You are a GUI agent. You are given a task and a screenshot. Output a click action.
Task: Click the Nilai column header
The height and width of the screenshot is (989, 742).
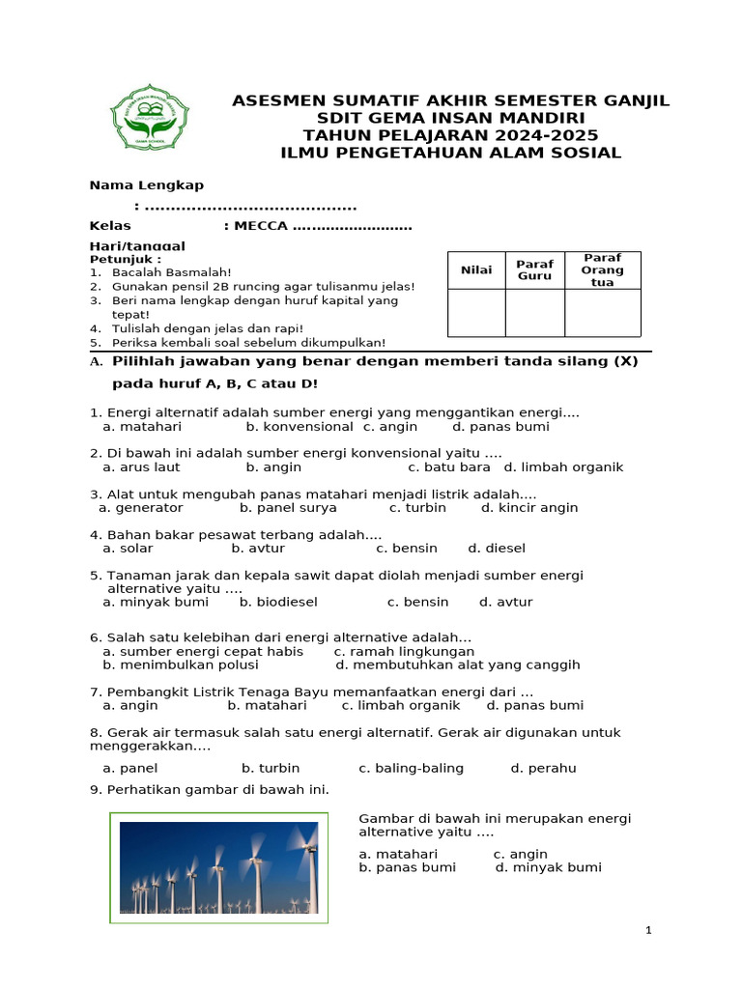click(476, 270)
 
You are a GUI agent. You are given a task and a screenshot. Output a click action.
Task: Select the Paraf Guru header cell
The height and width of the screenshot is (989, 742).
click(534, 270)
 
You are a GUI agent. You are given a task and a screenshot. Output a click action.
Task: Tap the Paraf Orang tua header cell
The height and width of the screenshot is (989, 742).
click(602, 270)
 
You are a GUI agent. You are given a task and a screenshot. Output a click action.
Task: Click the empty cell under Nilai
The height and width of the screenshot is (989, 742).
click(476, 313)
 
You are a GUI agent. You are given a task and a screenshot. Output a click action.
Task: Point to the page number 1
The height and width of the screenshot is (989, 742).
click(649, 930)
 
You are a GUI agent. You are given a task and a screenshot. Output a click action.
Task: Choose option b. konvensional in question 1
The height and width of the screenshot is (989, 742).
click(300, 426)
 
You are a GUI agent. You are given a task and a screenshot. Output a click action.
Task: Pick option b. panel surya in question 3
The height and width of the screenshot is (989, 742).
click(288, 507)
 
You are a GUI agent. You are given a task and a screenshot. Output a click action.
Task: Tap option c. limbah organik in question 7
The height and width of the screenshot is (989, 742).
click(409, 705)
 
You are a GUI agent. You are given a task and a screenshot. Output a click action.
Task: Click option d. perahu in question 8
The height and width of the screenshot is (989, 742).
click(543, 768)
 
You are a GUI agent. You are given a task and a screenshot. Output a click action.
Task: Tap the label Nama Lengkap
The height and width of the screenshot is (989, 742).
click(146, 185)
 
